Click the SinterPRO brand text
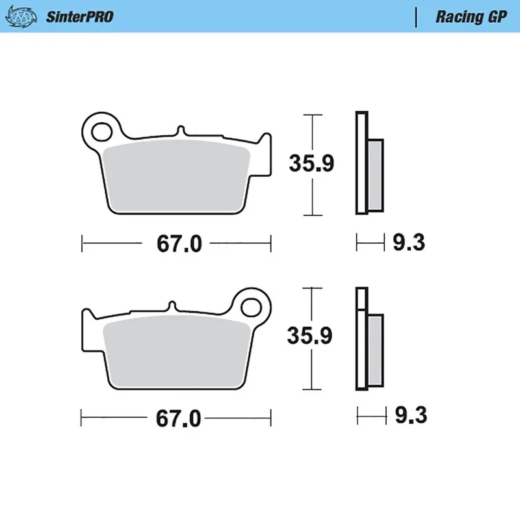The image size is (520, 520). [x=79, y=17]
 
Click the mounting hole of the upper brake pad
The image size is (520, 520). [x=101, y=131]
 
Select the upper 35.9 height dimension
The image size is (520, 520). [x=313, y=164]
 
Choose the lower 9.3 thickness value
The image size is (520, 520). [x=409, y=415]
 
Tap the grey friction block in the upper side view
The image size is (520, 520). [x=375, y=175]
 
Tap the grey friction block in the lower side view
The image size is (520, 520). [x=375, y=348]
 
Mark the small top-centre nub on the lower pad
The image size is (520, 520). [x=172, y=305]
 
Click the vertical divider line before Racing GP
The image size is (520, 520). [x=416, y=17]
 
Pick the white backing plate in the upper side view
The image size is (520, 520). [x=361, y=162]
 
